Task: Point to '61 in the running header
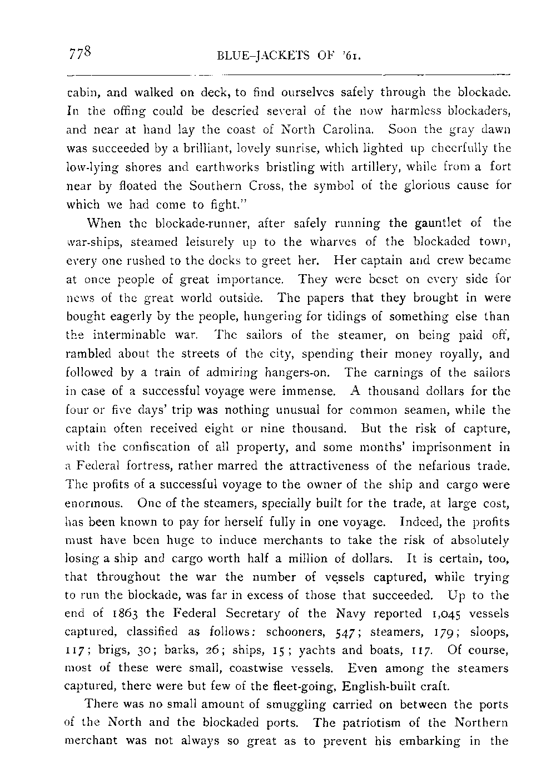354,56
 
